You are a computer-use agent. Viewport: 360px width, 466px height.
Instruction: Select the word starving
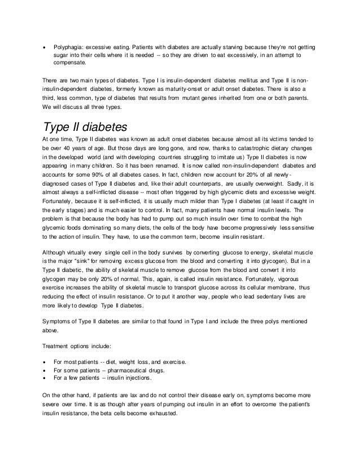coord(232,46)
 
